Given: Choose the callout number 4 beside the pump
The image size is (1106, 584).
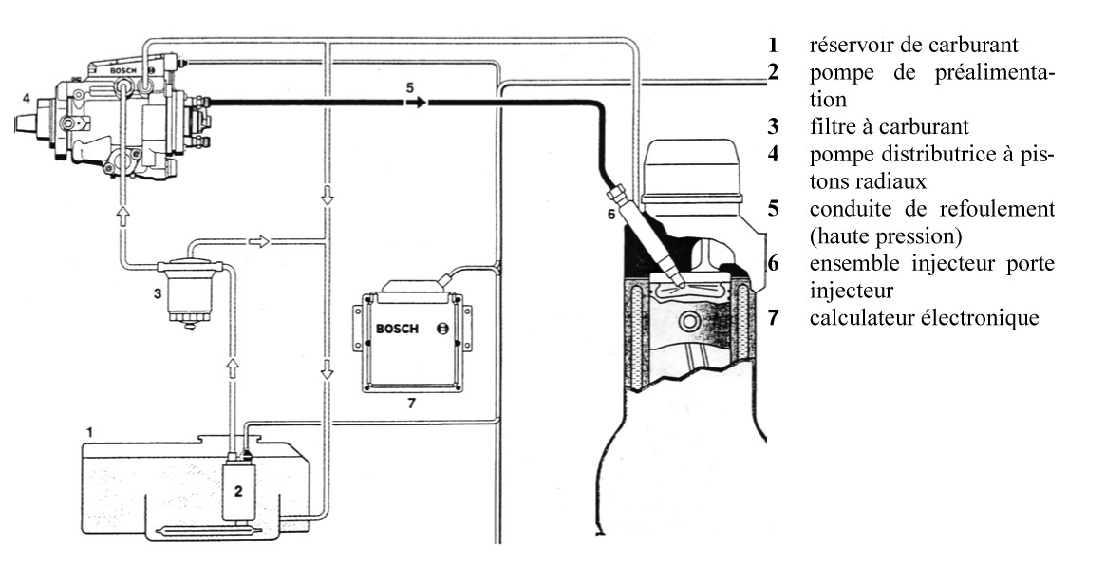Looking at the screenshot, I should pyautogui.click(x=27, y=97).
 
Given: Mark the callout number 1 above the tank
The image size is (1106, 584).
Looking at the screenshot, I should pyautogui.click(x=89, y=432).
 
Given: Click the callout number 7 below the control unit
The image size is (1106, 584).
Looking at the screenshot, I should pyautogui.click(x=410, y=403).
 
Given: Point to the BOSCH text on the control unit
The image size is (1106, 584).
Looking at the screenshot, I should pyautogui.click(x=396, y=329).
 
